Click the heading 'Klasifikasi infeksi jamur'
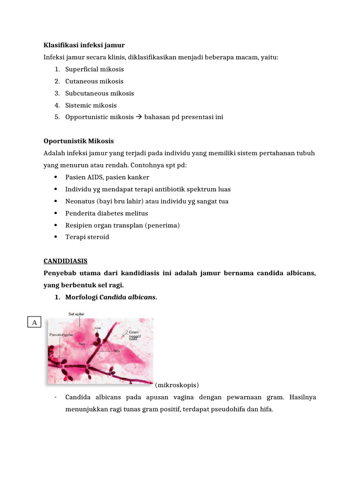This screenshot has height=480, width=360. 84,45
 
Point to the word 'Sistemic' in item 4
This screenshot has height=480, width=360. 78,105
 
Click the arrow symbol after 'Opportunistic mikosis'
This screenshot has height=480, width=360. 139,117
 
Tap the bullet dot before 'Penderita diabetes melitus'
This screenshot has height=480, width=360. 56,213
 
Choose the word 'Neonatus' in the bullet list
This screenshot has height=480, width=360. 80,201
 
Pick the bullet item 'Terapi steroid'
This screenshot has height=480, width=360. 87,237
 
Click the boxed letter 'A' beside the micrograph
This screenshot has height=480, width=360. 34,322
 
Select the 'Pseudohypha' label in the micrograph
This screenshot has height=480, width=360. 61,335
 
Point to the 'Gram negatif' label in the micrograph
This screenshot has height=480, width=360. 135,334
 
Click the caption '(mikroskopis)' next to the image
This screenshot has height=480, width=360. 177,385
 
